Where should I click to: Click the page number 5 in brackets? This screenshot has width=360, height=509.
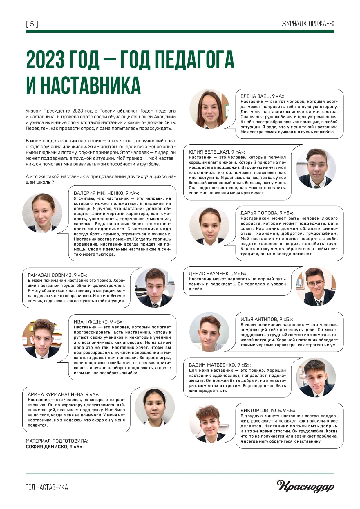click(x=32, y=24)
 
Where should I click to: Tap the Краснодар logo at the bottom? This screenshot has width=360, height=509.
click(x=305, y=486)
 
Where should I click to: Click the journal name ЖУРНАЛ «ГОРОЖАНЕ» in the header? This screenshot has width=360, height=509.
click(x=308, y=24)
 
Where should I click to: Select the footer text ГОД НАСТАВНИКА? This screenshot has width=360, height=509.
click(x=47, y=487)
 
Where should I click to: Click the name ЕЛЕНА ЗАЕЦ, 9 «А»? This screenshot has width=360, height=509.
click(x=263, y=96)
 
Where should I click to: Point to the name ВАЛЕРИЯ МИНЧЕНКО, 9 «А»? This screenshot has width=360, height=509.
click(x=106, y=193)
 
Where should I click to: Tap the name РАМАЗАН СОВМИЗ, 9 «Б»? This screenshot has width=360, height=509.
click(x=57, y=275)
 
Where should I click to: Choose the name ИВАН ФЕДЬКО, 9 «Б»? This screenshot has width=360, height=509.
click(x=99, y=322)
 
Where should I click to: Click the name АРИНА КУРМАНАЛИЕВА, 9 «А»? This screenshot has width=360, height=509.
click(x=63, y=394)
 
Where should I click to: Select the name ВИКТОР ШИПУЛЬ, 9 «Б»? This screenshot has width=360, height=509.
click(x=268, y=410)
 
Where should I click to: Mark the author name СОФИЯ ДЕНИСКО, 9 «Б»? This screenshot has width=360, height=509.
click(x=54, y=447)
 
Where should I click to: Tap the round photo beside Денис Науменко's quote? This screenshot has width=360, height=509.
click(x=316, y=286)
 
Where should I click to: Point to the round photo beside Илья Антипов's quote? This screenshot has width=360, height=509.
click(x=209, y=332)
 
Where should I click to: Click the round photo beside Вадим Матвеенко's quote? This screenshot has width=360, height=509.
click(x=316, y=377)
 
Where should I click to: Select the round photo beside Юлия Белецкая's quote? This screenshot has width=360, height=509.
click(x=316, y=168)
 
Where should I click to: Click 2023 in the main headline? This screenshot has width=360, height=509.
click(x=45, y=59)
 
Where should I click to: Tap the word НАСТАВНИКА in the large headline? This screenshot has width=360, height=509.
click(x=90, y=85)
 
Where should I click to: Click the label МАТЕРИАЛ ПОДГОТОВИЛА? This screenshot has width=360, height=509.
click(x=57, y=441)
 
